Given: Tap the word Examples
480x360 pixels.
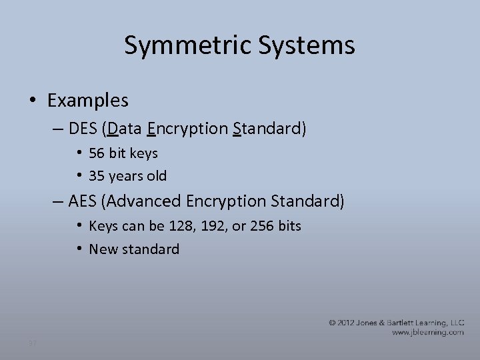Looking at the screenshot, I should [88, 101].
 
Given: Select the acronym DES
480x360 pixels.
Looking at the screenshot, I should [83, 128].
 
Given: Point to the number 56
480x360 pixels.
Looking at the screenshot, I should [98, 153].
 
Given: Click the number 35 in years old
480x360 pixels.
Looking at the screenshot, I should [98, 177].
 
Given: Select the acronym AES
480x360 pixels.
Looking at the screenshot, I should [83, 201].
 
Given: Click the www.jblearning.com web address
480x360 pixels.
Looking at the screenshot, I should [427, 332].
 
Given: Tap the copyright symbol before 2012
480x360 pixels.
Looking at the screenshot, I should [332, 323].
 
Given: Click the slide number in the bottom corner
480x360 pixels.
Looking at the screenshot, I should [32, 344].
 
